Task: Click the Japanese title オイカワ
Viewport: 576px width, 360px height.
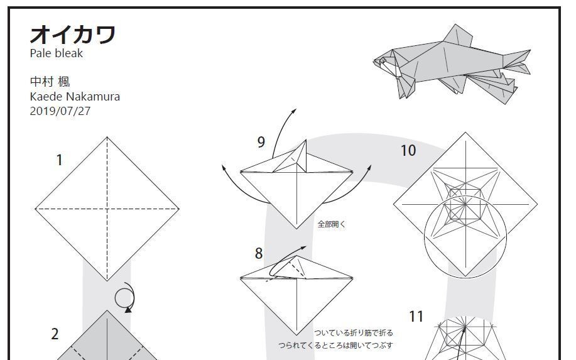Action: pos(73,35)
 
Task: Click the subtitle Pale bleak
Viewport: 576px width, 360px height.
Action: pos(56,53)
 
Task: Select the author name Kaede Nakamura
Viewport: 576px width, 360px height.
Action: pos(75,97)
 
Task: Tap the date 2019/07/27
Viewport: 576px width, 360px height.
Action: pos(60,111)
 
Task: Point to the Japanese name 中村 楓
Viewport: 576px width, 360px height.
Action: pos(50,82)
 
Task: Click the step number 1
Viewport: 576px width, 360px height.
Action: pos(59,160)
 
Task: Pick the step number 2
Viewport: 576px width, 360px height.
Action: pos(55,334)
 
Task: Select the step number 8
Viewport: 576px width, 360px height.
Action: pos(259,253)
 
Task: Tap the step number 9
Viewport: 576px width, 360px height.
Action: pos(261,142)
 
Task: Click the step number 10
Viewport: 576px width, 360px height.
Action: pos(408,150)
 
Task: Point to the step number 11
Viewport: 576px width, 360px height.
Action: pos(416,316)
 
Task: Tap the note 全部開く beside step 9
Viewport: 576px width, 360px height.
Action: pos(332,224)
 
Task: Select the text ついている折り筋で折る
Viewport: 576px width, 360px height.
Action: pos(354,333)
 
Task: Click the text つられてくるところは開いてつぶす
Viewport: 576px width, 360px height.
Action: pos(335,346)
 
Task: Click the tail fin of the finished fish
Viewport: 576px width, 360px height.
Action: pos(517,62)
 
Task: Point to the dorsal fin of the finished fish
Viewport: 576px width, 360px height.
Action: pos(458,35)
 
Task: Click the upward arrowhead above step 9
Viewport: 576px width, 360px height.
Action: pos(293,111)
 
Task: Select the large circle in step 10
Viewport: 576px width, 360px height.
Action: pos(465,237)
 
